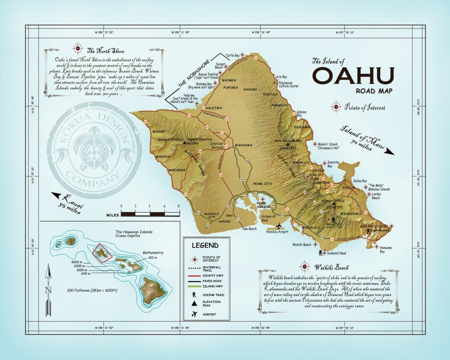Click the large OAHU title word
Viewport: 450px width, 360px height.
click(353, 76)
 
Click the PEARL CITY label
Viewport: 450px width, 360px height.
click(262, 183)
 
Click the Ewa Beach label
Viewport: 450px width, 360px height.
click(250, 229)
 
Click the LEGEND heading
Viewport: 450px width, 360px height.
click(205, 245)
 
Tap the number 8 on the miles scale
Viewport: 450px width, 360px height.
click(178, 206)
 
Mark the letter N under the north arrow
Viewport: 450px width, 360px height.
click(49, 290)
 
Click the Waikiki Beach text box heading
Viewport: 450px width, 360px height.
click(332, 267)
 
